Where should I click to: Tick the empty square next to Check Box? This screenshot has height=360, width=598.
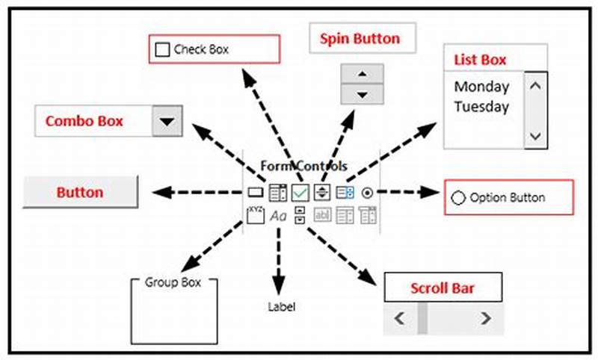tap(162, 50)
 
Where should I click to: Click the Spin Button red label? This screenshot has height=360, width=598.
tap(360, 38)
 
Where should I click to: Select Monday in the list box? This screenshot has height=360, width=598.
tap(481, 86)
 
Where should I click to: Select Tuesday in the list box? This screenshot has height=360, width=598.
tap(481, 106)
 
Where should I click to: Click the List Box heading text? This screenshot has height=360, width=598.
tap(480, 59)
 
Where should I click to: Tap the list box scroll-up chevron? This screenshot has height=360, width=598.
tap(534, 85)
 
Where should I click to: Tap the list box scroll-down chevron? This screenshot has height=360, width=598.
tap(534, 135)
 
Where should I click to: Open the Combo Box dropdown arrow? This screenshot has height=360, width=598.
tap(167, 121)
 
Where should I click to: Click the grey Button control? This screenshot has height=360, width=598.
tap(81, 192)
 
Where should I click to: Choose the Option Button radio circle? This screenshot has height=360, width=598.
tap(458, 198)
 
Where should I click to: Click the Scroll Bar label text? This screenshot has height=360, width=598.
tap(442, 288)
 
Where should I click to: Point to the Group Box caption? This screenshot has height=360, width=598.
tap(171, 282)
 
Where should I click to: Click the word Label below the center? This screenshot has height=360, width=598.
tap(282, 306)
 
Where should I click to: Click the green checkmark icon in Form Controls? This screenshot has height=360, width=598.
tap(300, 193)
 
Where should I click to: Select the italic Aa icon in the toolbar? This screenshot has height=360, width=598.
tap(278, 216)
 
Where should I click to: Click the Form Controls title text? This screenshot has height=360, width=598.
tap(303, 166)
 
